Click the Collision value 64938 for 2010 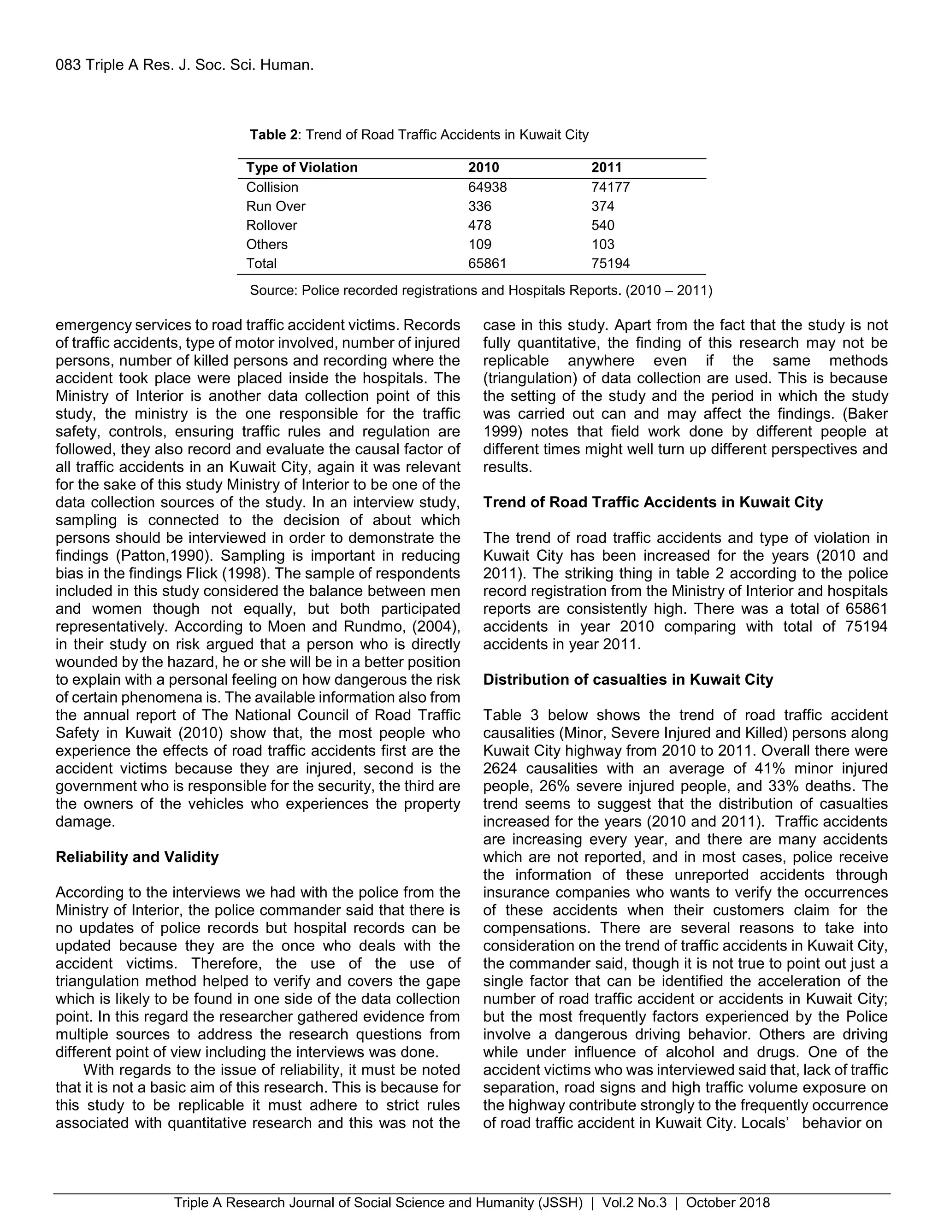point(487,187)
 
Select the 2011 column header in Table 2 point(606,168)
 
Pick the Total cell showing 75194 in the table point(610,263)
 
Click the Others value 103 point(602,244)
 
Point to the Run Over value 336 point(479,206)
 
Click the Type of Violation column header point(301,168)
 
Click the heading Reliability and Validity point(137,857)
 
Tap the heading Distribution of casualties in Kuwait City point(627,679)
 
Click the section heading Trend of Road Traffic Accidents point(653,502)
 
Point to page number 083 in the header point(68,65)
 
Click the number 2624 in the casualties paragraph point(500,768)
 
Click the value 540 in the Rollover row point(602,225)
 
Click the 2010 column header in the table point(483,168)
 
